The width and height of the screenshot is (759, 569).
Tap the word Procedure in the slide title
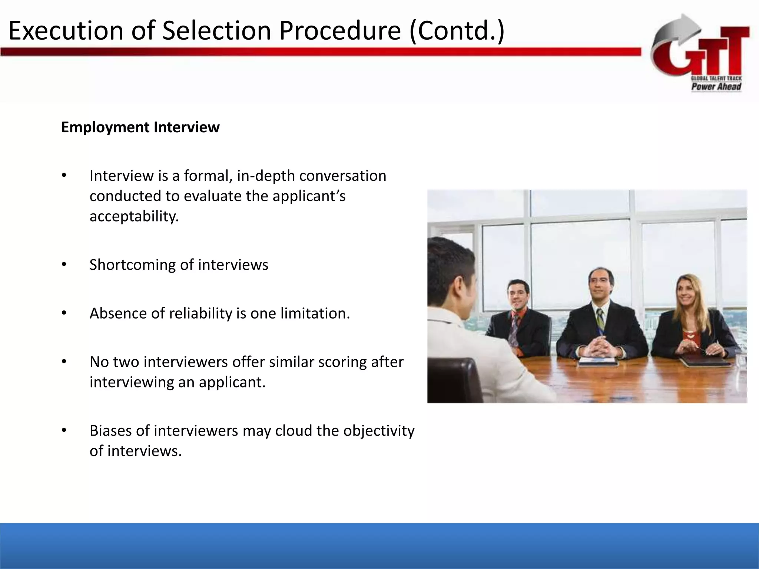340,31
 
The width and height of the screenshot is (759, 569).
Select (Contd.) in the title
457,31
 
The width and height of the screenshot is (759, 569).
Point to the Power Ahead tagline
716,87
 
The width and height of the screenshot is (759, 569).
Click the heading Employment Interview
140,127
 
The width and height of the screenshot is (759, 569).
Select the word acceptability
134,216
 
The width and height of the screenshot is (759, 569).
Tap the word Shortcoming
132,265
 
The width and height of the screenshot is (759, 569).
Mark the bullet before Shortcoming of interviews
64,264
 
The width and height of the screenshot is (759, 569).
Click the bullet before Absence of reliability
64,313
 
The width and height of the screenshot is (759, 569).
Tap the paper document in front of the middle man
597,360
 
